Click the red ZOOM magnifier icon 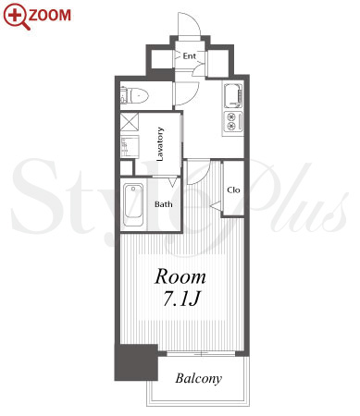pos(17,17)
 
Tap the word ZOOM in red pos(50,15)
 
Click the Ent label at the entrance pos(189,56)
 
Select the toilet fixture pos(134,95)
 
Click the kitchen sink pos(232,95)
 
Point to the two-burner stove pos(233,121)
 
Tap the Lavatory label pos(160,144)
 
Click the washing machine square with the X pos(130,122)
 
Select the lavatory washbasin pos(130,146)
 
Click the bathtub pos(133,205)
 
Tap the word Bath pos(163,204)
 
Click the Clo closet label pos(233,190)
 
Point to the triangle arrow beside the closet pos(216,205)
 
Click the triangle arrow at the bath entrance pos(173,182)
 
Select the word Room pos(180,277)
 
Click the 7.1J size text pos(181,300)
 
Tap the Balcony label pos(199,378)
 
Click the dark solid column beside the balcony pos(136,362)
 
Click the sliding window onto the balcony pos(201,354)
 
